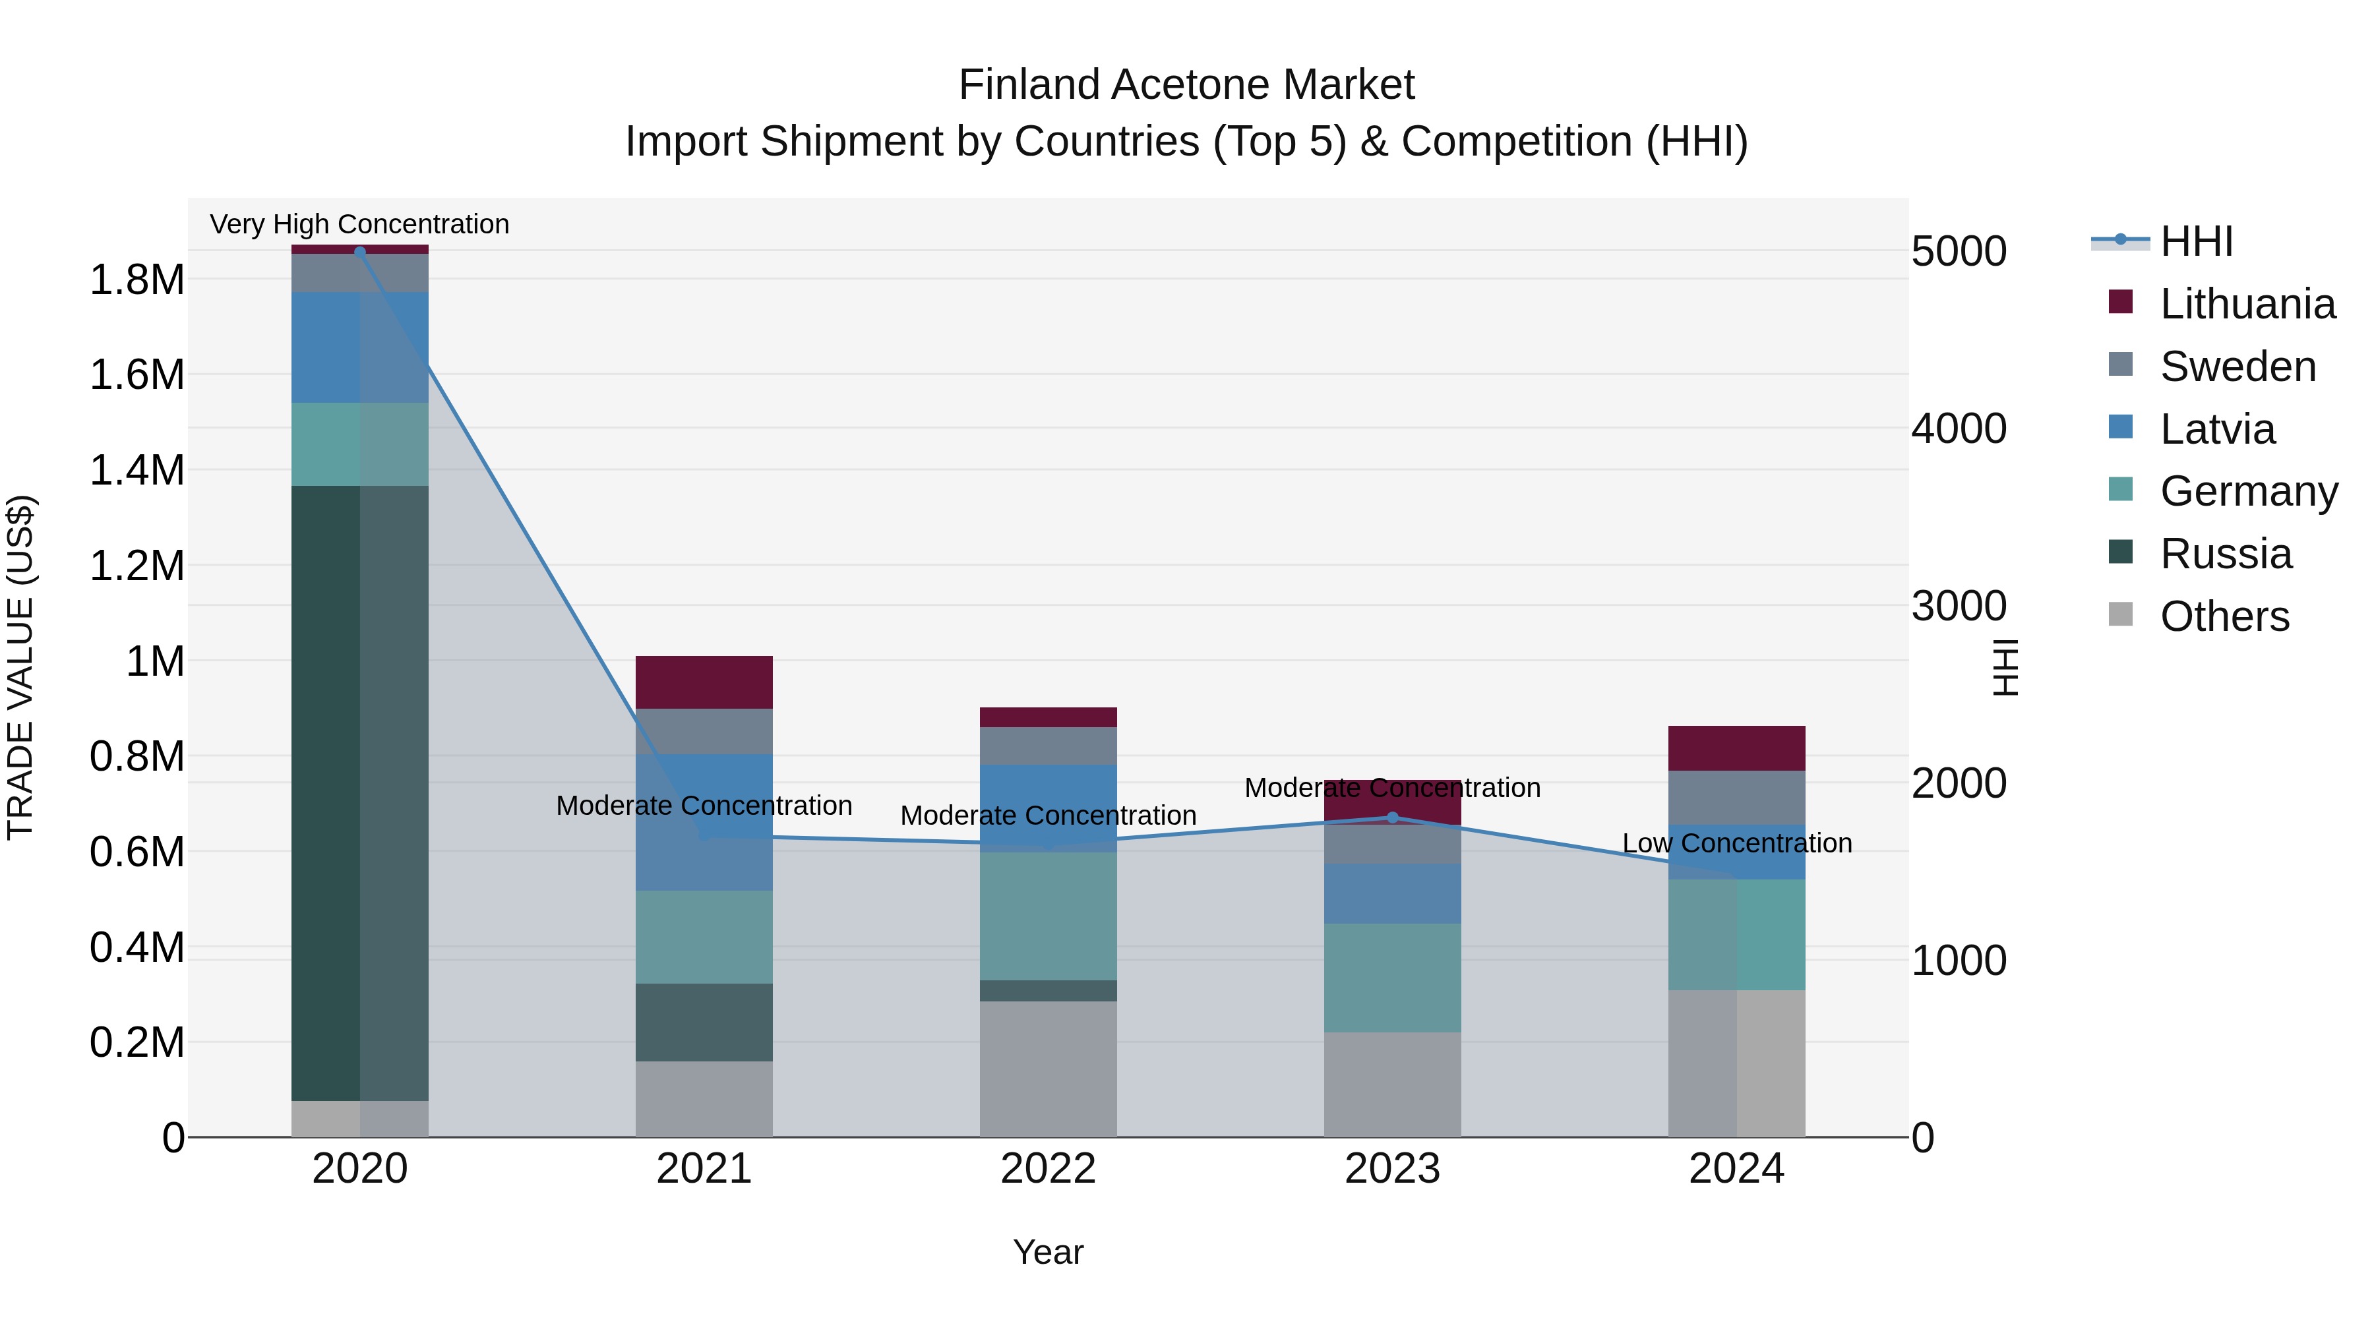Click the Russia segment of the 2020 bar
click(x=359, y=792)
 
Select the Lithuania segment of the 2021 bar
click(x=704, y=682)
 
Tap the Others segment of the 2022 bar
click(x=1048, y=1069)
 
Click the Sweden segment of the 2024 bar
click(x=1736, y=797)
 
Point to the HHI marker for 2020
click(x=359, y=252)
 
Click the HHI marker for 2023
click(x=1393, y=817)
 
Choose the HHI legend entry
click(x=2193, y=241)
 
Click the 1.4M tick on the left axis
click(x=137, y=471)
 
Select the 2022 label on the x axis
click(x=1048, y=1169)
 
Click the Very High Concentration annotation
click(x=359, y=224)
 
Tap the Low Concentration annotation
click(x=1736, y=843)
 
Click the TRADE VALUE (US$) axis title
click(x=20, y=667)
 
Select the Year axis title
click(x=1048, y=1252)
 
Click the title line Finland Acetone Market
click(x=1186, y=85)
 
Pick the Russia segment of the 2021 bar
click(x=704, y=1022)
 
